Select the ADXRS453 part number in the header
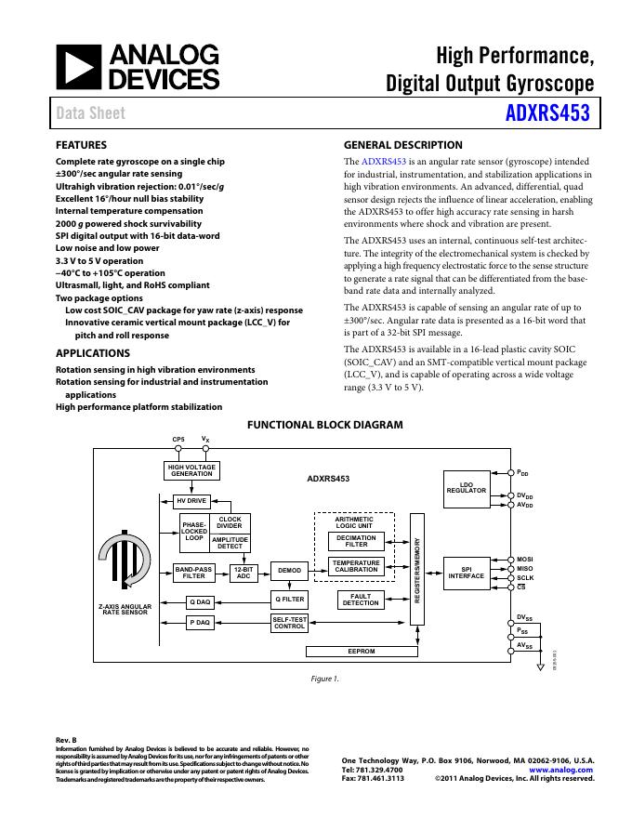pos(547,114)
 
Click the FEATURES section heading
pos(81,145)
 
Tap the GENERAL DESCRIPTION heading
pos(402,145)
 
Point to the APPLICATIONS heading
pos(93,353)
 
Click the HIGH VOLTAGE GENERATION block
pos(191,470)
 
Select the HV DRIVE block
pos(191,500)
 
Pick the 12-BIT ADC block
pos(244,573)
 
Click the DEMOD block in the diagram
pos(289,570)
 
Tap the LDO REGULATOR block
pos(467,487)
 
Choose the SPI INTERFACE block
pos(467,572)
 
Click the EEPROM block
pos(361,651)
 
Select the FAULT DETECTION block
pos(361,600)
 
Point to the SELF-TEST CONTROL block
pos(289,623)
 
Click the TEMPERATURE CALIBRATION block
pos(356,566)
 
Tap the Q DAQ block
pos(200,602)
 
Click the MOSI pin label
pos(525,559)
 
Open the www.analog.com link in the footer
pos(560,770)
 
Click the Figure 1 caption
pos(325,679)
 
